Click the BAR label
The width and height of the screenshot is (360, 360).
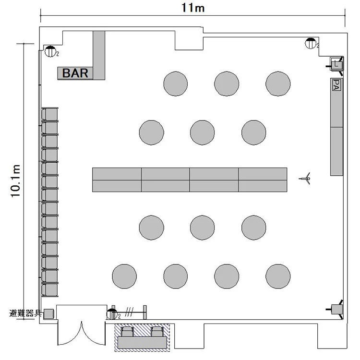(75, 73)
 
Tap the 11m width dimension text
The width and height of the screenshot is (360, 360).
(193, 8)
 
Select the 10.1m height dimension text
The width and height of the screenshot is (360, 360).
(16, 181)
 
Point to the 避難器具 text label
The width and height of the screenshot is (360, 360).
(25, 313)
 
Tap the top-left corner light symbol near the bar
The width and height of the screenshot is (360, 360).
(50, 51)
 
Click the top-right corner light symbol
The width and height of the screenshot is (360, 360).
(311, 43)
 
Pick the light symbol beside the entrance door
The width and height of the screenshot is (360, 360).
(112, 314)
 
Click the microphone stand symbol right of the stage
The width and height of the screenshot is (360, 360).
(306, 179)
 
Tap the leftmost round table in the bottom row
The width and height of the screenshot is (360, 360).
(124, 276)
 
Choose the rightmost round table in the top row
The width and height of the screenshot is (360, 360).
(278, 84)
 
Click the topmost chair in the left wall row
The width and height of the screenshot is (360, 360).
(50, 114)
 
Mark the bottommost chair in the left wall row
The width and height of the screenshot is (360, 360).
(50, 290)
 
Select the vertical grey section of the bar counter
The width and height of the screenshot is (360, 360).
(99, 55)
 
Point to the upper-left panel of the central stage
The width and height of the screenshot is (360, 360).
(117, 174)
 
